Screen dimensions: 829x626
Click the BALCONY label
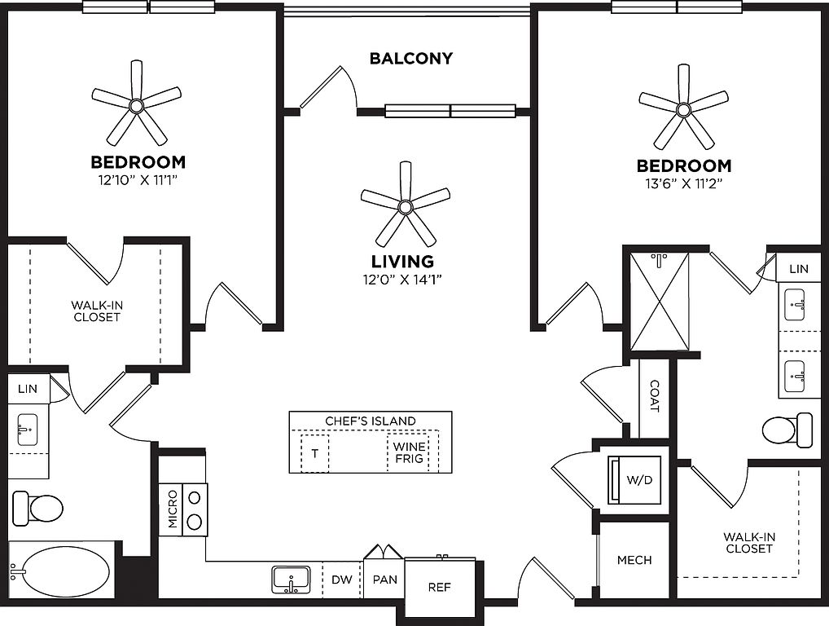[x=411, y=59]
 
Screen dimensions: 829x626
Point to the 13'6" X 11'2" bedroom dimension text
[x=684, y=183]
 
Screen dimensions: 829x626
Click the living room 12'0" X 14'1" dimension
[x=402, y=280]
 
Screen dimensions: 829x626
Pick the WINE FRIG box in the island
[x=409, y=453]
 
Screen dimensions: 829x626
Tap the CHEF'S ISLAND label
[x=371, y=421]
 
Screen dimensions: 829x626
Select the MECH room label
[x=634, y=561]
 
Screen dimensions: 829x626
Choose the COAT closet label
[x=654, y=397]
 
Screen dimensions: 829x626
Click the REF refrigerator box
[x=440, y=587]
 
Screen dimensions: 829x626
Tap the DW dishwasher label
[x=342, y=580]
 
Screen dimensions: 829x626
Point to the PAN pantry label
[x=384, y=580]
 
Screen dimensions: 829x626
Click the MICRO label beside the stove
[x=173, y=509]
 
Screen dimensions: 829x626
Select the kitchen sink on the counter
[x=291, y=580]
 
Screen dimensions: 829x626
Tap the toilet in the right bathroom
[x=786, y=429]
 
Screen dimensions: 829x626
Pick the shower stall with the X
[x=660, y=301]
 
